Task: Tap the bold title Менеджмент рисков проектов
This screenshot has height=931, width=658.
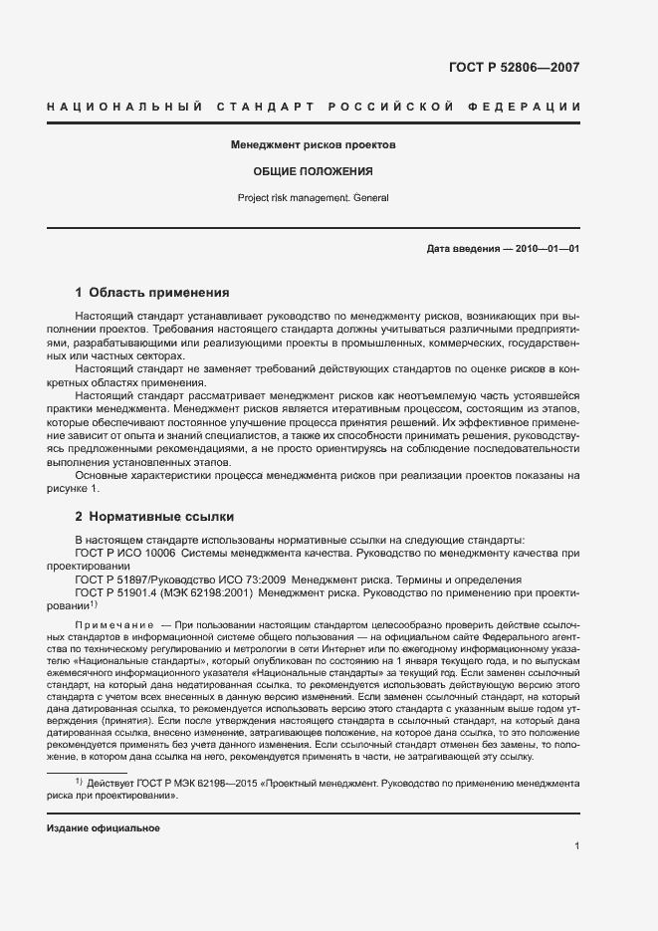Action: pos(313,144)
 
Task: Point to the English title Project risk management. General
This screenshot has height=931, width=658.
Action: pos(313,197)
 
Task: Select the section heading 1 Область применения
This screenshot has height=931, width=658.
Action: pos(152,293)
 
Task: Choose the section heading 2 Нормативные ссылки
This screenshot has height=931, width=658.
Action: pos(154,517)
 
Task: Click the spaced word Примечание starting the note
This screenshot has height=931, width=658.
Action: pos(111,622)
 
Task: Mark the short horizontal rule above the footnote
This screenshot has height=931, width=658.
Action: pos(88,773)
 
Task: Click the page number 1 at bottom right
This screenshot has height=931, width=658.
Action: pos(576,846)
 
